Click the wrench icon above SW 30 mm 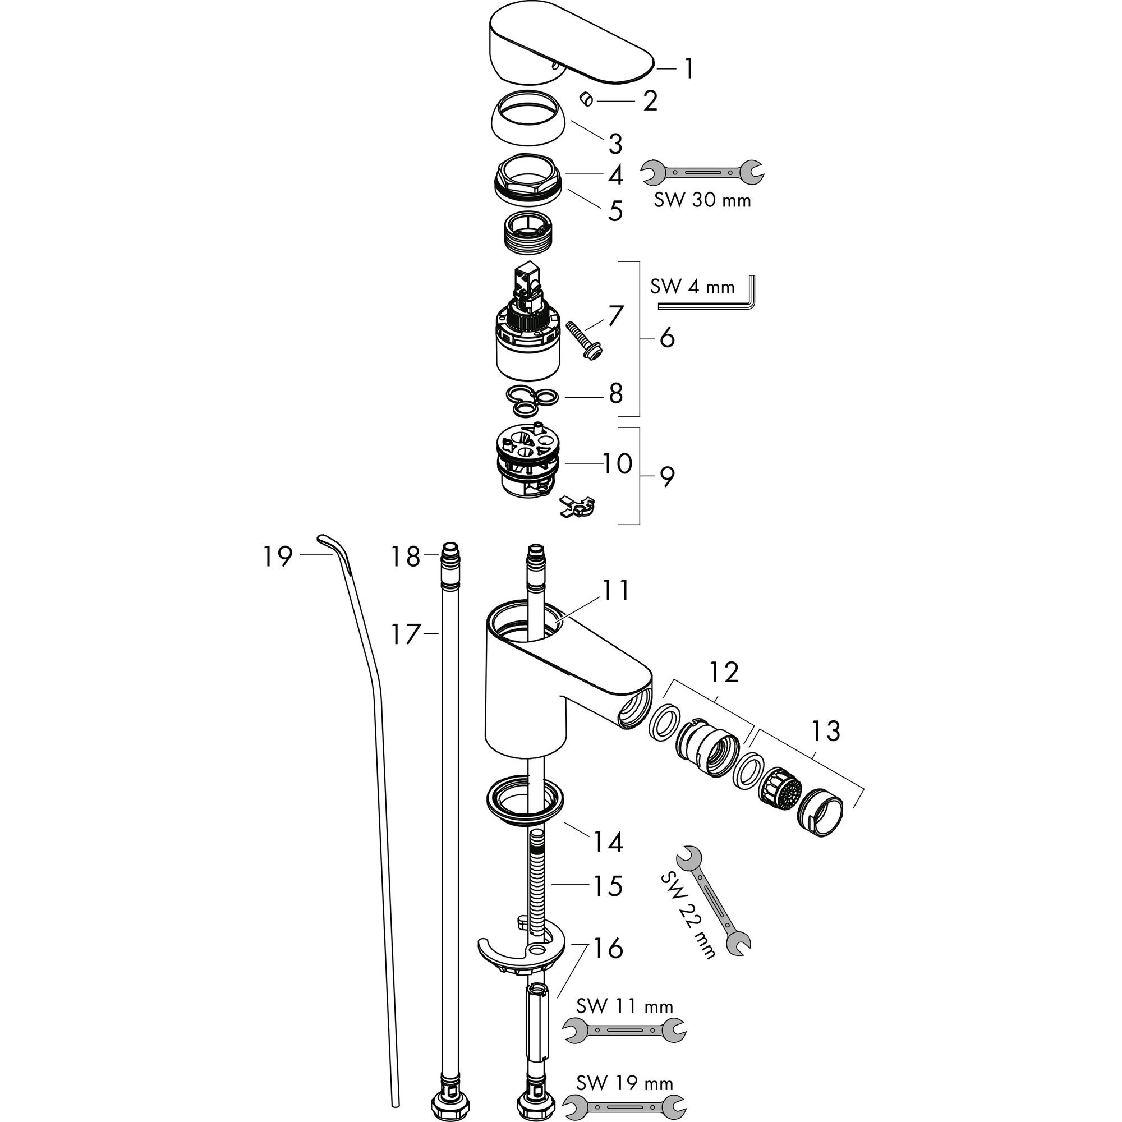pyautogui.click(x=702, y=172)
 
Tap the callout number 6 pyautogui.click(x=667, y=337)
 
